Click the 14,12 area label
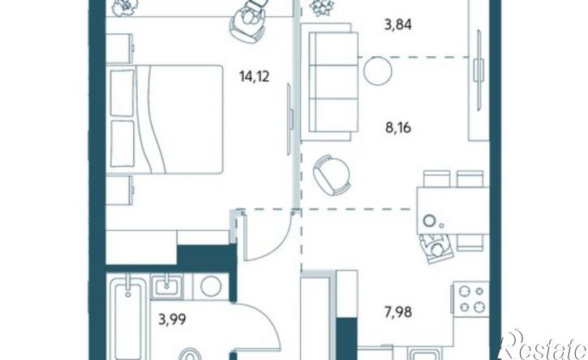[x=255, y=77]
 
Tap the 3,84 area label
[x=398, y=25]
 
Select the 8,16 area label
[x=398, y=128]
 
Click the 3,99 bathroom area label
[x=172, y=320]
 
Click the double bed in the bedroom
[x=165, y=119]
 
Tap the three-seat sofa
[x=330, y=82]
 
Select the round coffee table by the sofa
[x=377, y=71]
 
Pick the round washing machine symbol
[x=210, y=286]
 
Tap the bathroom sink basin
[x=166, y=286]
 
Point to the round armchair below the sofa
[x=332, y=175]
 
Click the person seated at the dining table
[x=436, y=249]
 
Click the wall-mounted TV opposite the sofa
[x=479, y=70]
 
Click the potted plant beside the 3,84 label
[x=321, y=6]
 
